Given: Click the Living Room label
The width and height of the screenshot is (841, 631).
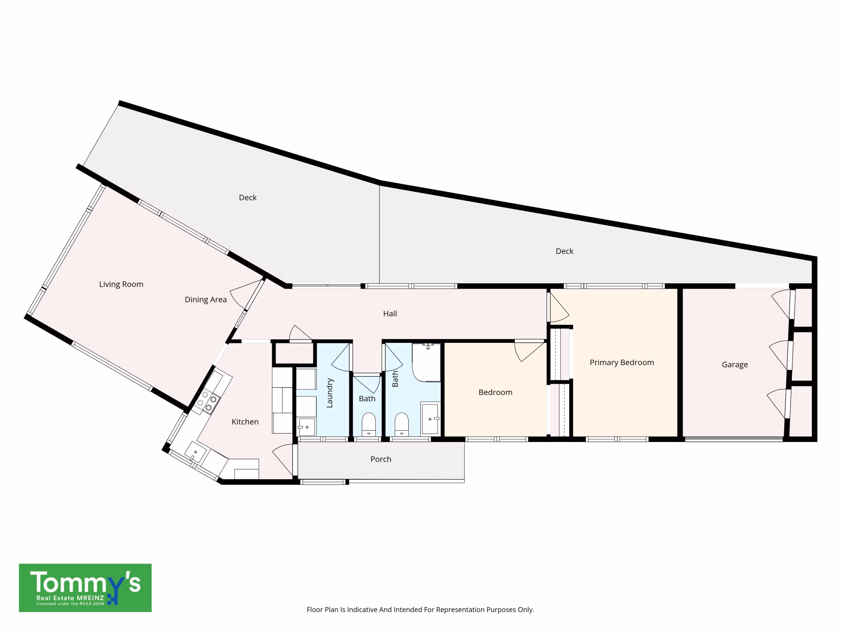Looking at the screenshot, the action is click(121, 284).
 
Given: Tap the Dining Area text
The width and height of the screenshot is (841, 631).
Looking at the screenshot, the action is click(206, 300).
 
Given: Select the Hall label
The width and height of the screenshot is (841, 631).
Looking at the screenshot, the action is click(390, 314).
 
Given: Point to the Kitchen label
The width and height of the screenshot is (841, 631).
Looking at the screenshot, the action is click(245, 422).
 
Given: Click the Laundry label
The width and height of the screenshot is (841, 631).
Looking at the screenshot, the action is click(330, 393).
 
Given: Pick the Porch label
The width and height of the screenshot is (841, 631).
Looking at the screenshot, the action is click(381, 459).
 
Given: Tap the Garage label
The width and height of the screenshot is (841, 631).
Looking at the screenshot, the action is click(735, 365).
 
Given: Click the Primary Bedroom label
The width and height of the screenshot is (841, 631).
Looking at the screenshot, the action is click(622, 362).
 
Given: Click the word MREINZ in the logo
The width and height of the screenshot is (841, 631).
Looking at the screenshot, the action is click(90, 598).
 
